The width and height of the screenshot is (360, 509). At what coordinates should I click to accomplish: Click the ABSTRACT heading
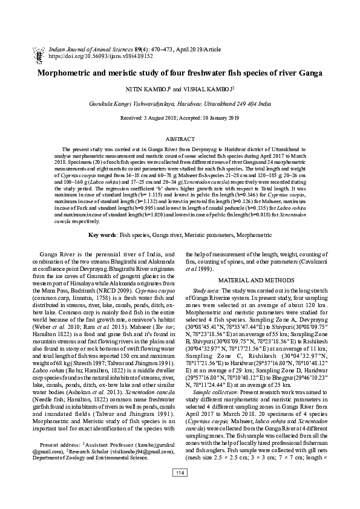(180, 138)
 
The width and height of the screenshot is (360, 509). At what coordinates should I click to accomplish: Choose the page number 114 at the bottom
(180, 489)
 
